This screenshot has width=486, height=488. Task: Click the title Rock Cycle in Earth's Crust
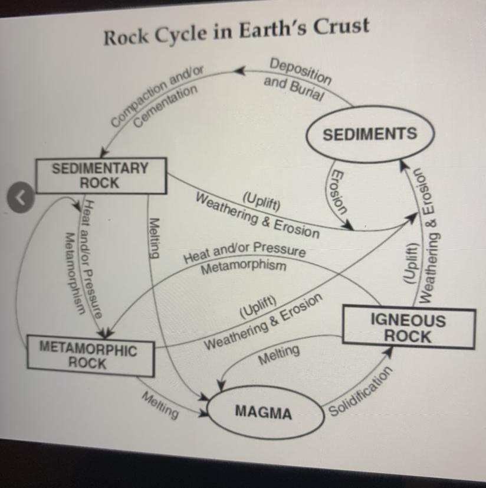click(x=237, y=31)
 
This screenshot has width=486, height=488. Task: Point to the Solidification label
click(x=360, y=392)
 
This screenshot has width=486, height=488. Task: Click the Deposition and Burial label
click(x=297, y=80)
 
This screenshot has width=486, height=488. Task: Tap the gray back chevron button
click(x=21, y=197)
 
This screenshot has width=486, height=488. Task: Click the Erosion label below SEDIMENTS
click(x=338, y=192)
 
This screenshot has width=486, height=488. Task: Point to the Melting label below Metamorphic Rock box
click(x=160, y=405)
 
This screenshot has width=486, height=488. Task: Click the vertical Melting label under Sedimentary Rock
click(x=155, y=238)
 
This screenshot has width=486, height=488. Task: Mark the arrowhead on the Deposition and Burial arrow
click(x=240, y=71)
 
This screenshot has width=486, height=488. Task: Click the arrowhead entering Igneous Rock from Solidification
click(x=388, y=351)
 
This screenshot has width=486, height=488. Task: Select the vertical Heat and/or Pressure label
click(x=91, y=259)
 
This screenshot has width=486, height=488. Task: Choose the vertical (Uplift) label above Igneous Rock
click(x=409, y=263)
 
